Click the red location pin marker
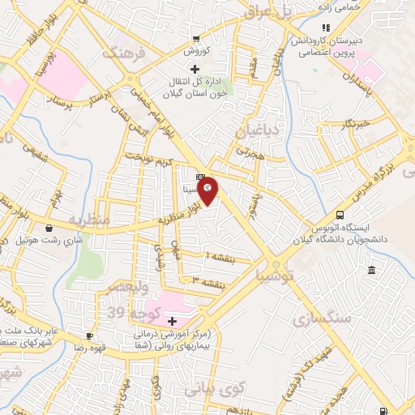pos(208,189)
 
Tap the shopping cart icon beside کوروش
pos(196,39)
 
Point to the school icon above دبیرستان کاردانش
pos(326,28)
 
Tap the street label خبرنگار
pos(355,123)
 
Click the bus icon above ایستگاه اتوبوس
pos(340,216)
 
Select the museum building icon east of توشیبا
pos(371,270)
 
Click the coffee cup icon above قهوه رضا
pos(90,336)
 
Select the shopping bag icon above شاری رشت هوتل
pos(50,228)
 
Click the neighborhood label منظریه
pos(88,219)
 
